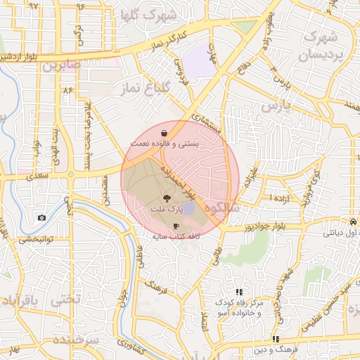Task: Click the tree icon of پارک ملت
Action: point(166,199)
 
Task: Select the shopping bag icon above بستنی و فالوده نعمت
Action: point(163,132)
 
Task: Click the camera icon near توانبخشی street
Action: point(41,217)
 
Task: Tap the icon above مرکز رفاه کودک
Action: point(239,291)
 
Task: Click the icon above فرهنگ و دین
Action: point(276,339)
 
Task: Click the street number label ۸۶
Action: point(68,91)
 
